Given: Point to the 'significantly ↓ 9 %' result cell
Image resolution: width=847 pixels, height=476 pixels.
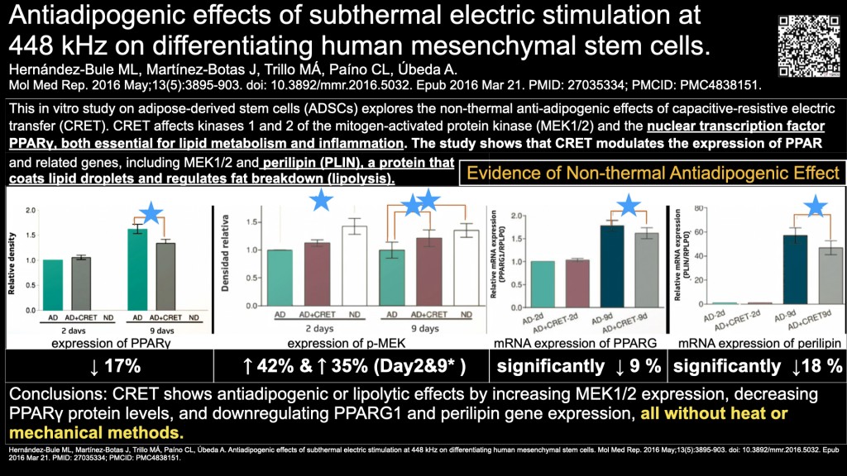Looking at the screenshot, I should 576,365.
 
